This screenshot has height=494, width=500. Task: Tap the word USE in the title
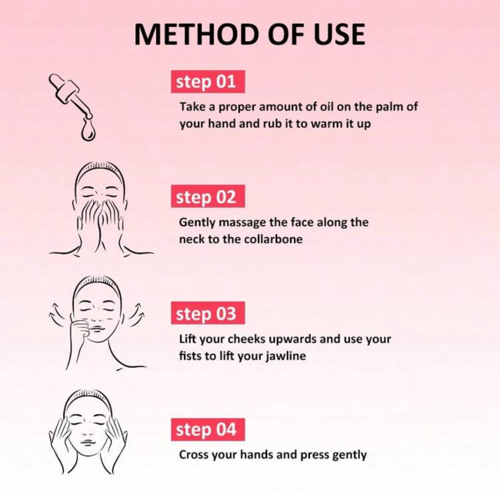(x=340, y=35)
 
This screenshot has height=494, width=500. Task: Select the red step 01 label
(x=208, y=81)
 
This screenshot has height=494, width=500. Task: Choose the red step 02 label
(x=208, y=196)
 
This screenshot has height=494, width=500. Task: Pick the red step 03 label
(x=208, y=313)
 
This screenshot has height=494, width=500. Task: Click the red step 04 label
(x=208, y=429)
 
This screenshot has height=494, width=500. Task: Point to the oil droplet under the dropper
(x=88, y=131)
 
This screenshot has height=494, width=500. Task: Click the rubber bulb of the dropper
(x=58, y=82)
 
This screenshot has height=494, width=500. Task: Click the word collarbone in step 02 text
(x=273, y=239)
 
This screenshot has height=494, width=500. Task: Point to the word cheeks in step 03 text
(x=246, y=339)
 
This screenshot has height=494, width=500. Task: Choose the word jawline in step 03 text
(x=286, y=356)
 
